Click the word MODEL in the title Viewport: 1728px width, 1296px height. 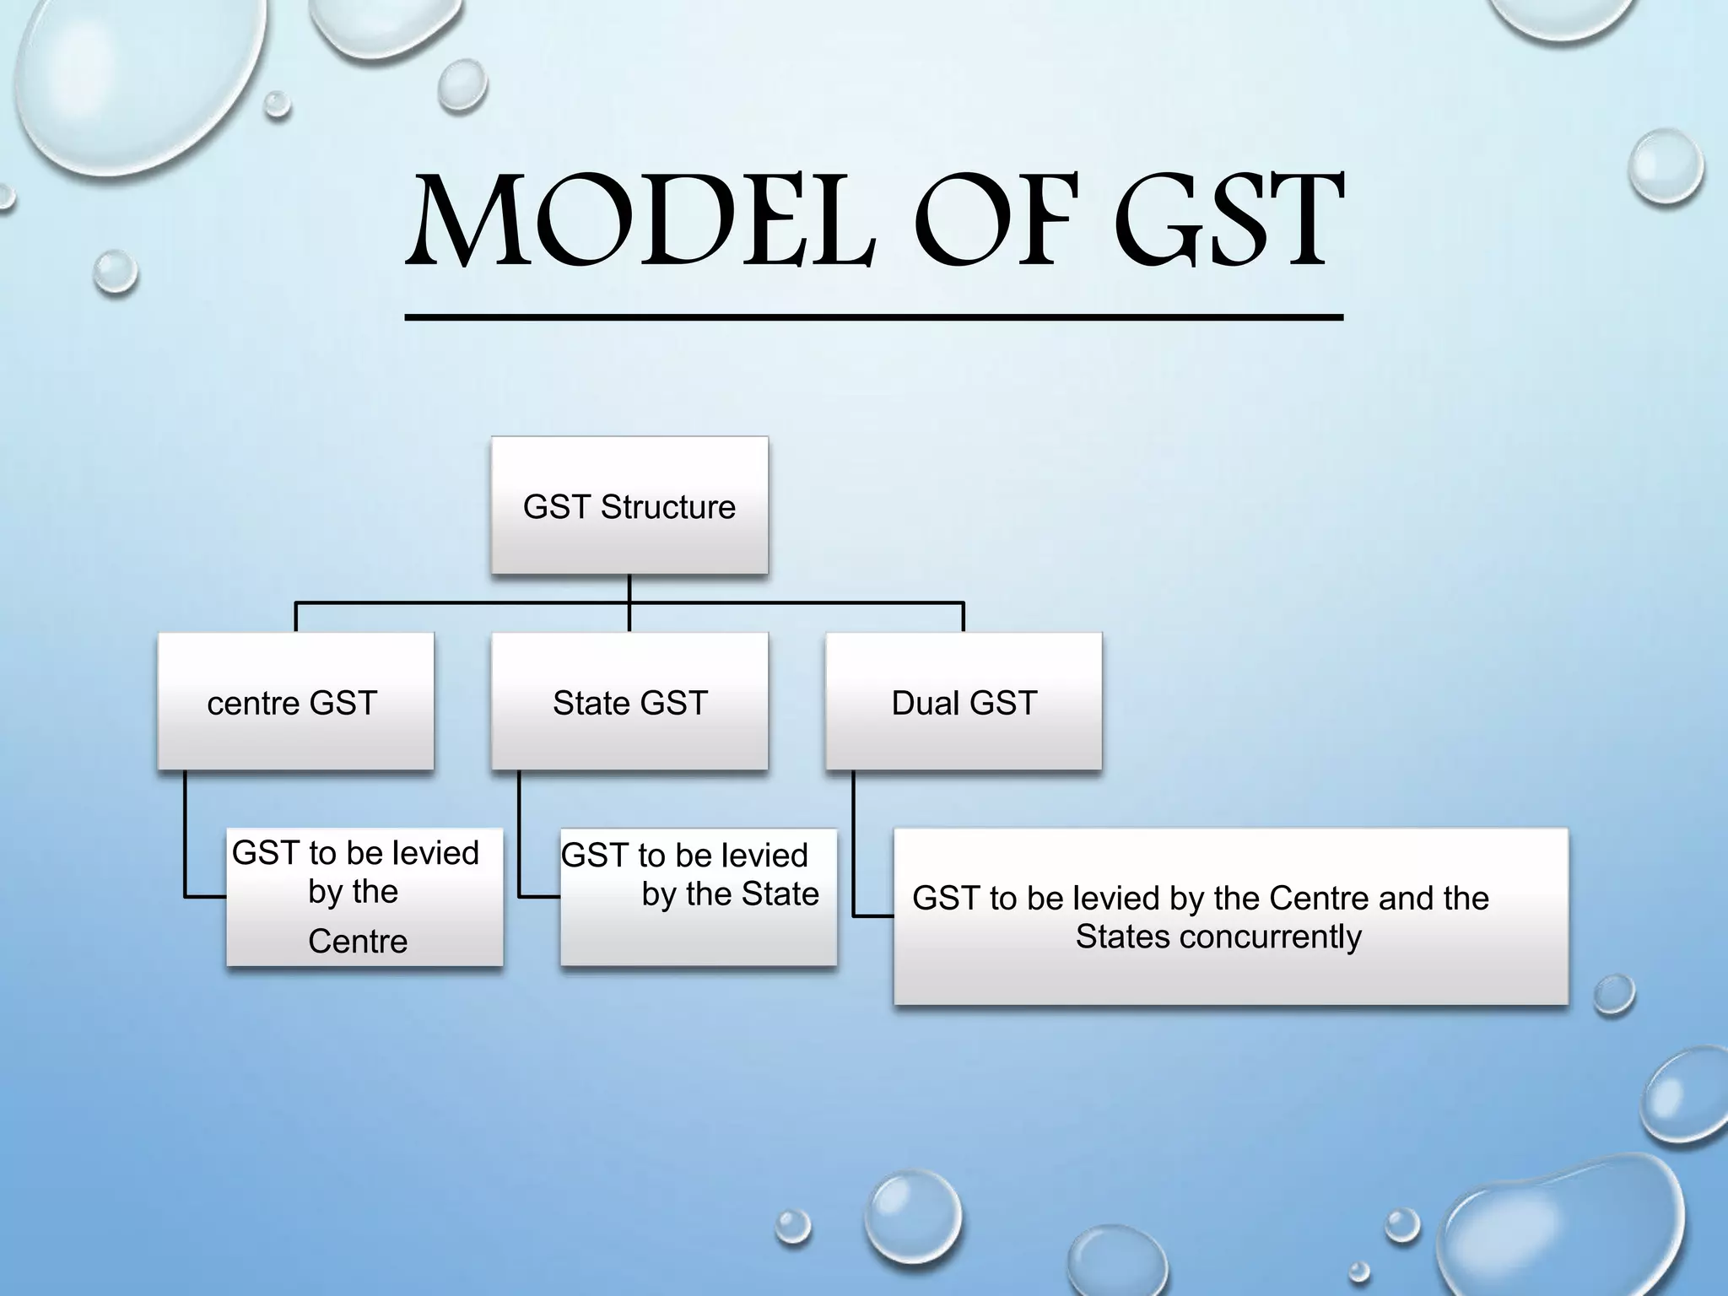tap(641, 221)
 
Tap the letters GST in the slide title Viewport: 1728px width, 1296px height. tap(1228, 221)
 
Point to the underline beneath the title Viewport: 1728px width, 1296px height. tap(873, 317)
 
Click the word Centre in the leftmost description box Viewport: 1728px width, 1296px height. tap(358, 941)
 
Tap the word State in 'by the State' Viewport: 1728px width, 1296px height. tap(780, 894)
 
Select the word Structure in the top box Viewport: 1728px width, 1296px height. tap(667, 507)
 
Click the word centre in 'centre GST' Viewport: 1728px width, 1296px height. tap(253, 703)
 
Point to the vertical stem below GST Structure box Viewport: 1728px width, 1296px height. tap(629, 589)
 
